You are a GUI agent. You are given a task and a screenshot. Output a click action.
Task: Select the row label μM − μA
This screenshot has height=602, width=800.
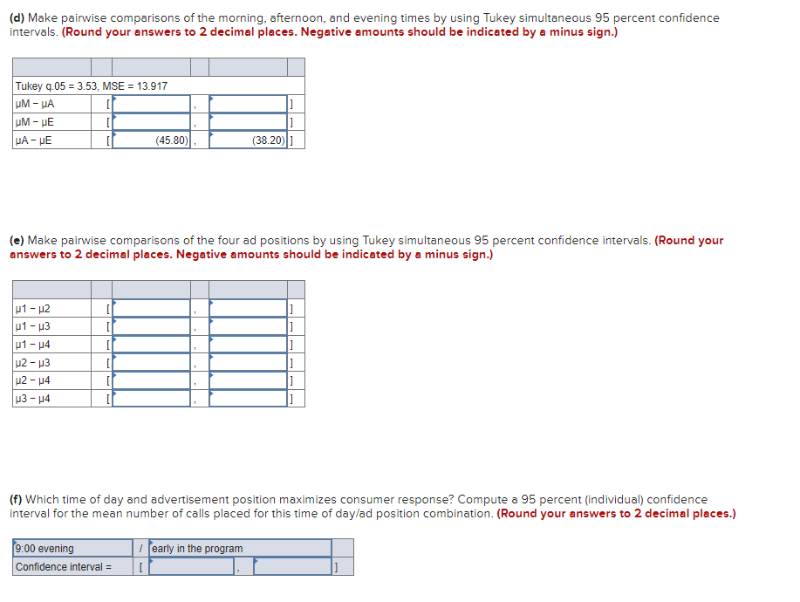tap(35, 104)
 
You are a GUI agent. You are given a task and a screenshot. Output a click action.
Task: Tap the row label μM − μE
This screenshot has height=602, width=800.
tap(35, 122)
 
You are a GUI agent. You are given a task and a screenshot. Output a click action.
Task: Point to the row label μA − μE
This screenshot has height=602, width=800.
tap(34, 140)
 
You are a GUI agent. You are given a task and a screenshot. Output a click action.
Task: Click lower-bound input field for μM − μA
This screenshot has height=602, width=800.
tap(152, 104)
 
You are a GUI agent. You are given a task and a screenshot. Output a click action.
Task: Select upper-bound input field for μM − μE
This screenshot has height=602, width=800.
tap(248, 122)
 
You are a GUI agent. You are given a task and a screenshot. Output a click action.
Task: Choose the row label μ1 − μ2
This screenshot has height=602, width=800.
tap(33, 308)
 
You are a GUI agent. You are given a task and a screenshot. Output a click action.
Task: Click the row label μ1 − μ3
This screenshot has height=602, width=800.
tap(33, 326)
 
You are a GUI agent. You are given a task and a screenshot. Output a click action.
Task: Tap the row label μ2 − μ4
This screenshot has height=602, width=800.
tap(33, 380)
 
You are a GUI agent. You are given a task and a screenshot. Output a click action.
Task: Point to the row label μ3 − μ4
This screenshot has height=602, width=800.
tap(33, 399)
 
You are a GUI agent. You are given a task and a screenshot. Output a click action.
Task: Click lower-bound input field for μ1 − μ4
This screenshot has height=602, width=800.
tap(152, 344)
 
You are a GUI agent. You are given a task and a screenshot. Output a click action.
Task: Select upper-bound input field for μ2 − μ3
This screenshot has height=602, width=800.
tap(248, 362)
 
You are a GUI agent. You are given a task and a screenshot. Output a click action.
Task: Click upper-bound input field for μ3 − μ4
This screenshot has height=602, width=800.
tap(248, 399)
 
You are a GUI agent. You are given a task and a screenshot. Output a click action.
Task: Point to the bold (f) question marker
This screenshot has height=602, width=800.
tap(16, 500)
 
